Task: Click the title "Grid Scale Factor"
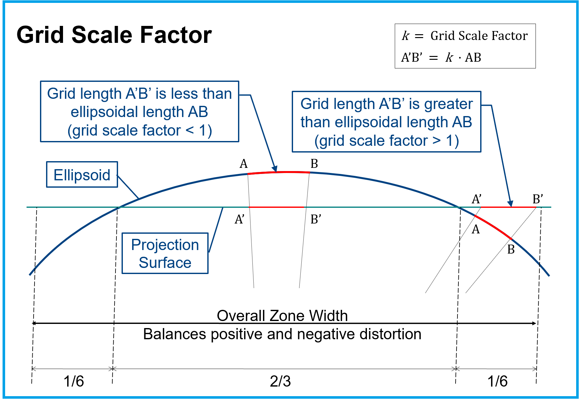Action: point(114,35)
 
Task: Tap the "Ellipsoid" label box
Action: point(82,175)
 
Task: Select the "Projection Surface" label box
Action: point(165,253)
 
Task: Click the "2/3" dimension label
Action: point(280,381)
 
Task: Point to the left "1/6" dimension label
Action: point(74,381)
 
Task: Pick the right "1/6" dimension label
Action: point(497,381)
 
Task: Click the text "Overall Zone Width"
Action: point(282,316)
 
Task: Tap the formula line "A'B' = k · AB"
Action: point(441,58)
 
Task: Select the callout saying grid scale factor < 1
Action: point(139,112)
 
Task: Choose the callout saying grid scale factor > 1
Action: point(386,122)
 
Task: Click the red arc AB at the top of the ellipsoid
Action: point(278,172)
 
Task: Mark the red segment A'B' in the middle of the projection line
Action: point(276,207)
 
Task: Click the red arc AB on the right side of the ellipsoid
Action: point(493,227)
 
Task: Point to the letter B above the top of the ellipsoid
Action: point(314,164)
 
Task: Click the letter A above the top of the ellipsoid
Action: point(243,164)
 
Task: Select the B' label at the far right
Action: point(537,199)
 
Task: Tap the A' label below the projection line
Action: point(239,219)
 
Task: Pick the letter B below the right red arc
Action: point(511,249)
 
